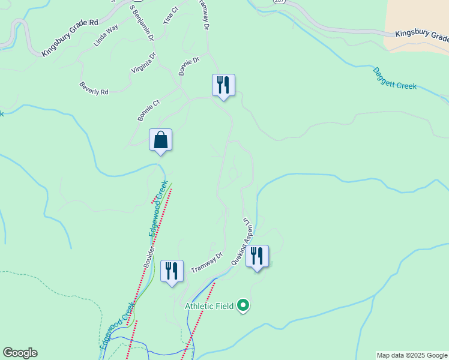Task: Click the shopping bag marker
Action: point(160,140)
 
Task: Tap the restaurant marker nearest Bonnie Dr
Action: point(223,85)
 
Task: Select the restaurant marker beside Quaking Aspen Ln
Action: point(257,256)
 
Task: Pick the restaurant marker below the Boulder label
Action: point(172,271)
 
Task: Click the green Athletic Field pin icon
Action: point(243,306)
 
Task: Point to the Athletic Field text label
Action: point(209,306)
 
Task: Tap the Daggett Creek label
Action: point(394,77)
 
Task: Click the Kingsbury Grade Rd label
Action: point(70,38)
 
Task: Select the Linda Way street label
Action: point(106,35)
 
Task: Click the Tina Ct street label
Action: point(171,16)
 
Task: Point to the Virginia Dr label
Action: point(144,63)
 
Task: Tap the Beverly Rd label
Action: point(94,89)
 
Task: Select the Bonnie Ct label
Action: point(149,110)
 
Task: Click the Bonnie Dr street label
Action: point(188,67)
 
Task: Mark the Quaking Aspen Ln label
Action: point(248,236)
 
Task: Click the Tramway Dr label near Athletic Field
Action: point(206,262)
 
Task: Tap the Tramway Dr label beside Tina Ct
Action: point(205,15)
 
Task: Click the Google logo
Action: point(20,353)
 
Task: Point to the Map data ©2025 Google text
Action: point(412,355)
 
